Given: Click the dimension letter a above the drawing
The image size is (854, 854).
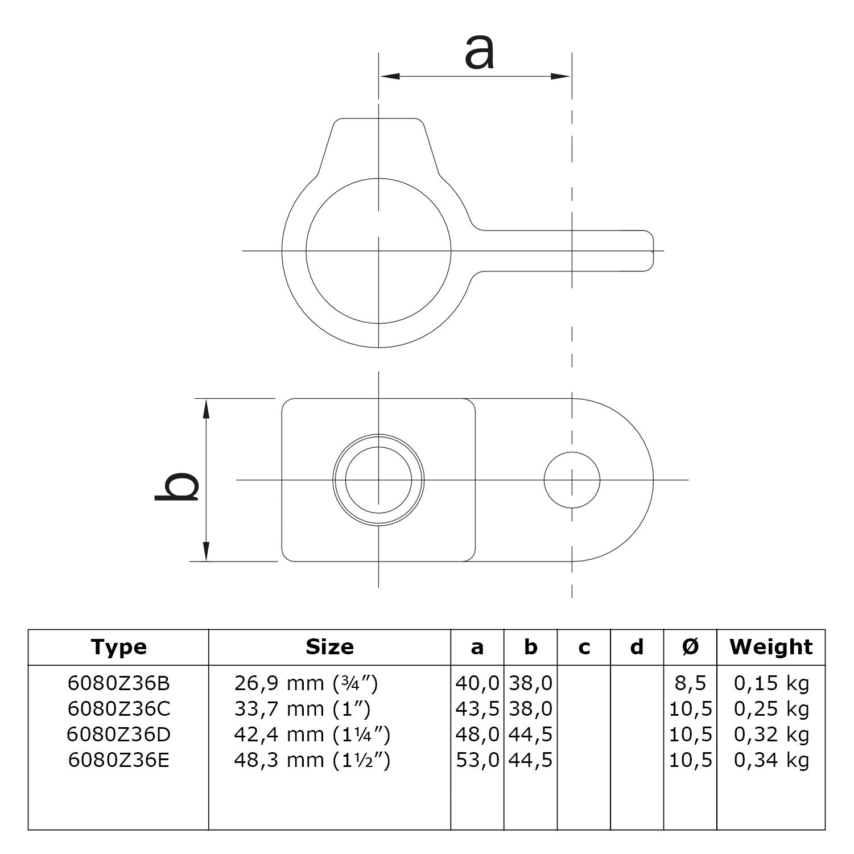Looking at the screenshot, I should [x=479, y=52].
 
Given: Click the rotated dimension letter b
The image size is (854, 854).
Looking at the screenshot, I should [x=177, y=480].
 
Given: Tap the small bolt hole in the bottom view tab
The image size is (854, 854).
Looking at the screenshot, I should [x=571, y=480].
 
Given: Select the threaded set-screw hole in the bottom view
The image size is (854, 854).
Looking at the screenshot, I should [x=378, y=480].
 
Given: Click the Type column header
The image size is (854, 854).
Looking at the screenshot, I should [x=118, y=647].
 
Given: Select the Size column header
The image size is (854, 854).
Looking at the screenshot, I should [x=329, y=647].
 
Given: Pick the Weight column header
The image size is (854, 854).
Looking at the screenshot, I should [x=771, y=647].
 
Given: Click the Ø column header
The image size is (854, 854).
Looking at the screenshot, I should [x=690, y=647].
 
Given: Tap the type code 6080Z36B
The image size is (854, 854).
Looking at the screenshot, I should [x=118, y=683].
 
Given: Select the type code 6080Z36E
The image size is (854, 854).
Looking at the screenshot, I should [x=118, y=760].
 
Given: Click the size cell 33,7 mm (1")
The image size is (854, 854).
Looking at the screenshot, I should [x=302, y=709].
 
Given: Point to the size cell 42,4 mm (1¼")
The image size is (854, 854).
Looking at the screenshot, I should [x=312, y=735].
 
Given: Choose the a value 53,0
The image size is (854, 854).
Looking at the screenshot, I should [x=477, y=760].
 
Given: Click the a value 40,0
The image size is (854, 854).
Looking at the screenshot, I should [x=477, y=683].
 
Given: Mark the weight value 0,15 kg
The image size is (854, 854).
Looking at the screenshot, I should [x=771, y=683].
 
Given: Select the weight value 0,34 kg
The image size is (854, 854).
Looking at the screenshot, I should [x=771, y=760].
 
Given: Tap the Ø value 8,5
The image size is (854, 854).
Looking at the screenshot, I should [x=690, y=683].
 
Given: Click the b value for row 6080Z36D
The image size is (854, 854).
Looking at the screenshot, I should [x=530, y=735].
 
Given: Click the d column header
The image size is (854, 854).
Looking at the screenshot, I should [x=637, y=647].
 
